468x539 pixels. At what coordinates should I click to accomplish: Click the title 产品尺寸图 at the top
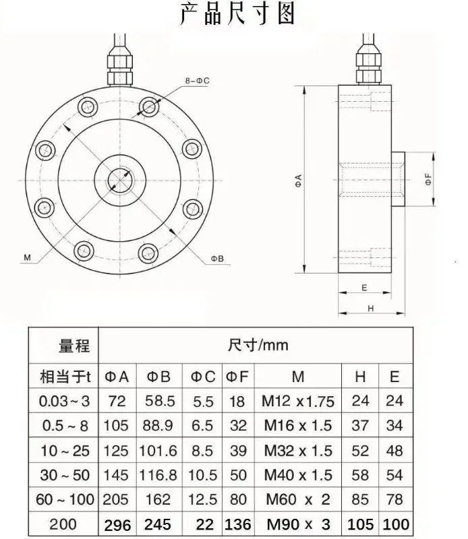(237, 13)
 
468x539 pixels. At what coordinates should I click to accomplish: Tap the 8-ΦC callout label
(197, 81)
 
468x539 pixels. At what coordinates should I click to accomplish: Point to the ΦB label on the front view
(217, 259)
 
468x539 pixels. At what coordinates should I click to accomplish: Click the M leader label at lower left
(27, 257)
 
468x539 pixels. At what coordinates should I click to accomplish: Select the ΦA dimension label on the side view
(298, 181)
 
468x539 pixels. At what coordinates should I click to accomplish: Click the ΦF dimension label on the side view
(428, 179)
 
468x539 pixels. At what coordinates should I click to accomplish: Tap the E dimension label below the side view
(365, 288)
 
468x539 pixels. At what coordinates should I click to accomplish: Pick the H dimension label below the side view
(371, 309)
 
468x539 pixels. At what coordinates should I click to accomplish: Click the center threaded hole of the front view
(120, 180)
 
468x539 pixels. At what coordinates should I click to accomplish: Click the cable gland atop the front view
(119, 65)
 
